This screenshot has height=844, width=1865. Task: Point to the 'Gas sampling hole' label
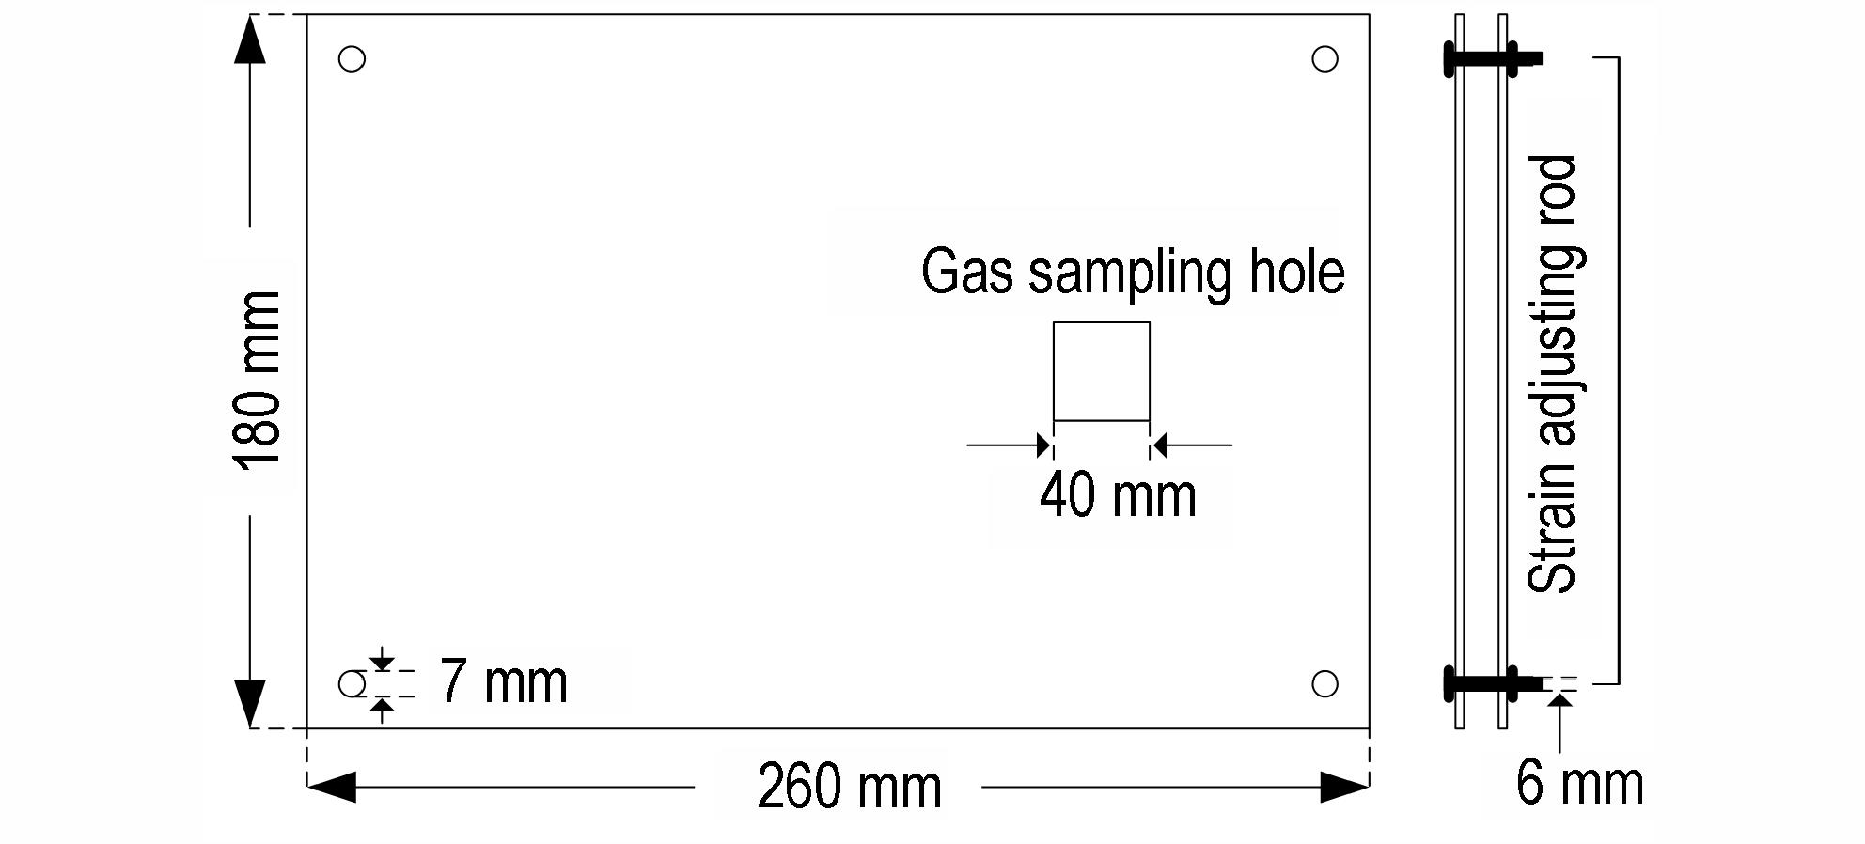click(1133, 273)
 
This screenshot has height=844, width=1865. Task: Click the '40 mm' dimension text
click(1118, 495)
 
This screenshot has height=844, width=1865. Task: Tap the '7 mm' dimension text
click(503, 681)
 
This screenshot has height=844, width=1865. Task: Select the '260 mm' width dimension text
click(849, 788)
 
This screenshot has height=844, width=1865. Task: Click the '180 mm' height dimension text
click(257, 380)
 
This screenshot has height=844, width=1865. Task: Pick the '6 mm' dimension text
click(1579, 782)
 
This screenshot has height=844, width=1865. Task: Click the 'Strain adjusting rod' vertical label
click(1552, 374)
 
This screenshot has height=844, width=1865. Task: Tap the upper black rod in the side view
click(1493, 58)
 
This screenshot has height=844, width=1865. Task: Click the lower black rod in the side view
click(1493, 683)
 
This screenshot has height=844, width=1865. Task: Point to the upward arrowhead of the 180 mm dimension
click(249, 39)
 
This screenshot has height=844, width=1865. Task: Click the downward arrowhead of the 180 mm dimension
click(249, 704)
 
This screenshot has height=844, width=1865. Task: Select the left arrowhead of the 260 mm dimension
click(332, 788)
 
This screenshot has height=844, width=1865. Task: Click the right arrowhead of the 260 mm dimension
click(1344, 788)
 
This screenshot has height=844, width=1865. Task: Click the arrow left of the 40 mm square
click(1009, 445)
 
